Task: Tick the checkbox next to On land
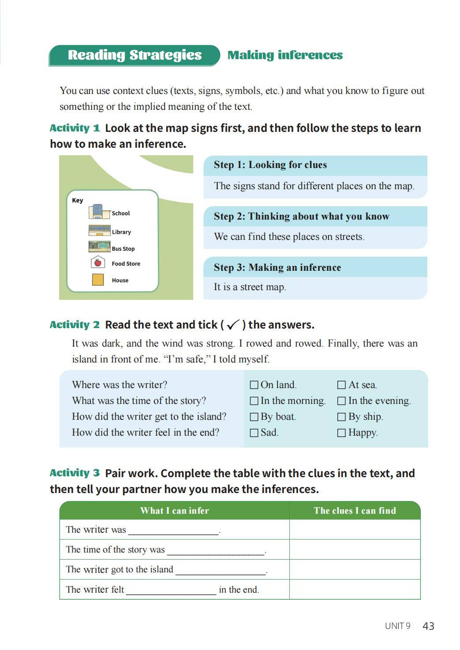[x=254, y=385]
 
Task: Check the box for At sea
[x=341, y=385]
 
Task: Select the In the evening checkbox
[x=341, y=401]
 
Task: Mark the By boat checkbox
[x=254, y=417]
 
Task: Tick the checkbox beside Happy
[x=341, y=433]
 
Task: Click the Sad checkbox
[x=254, y=433]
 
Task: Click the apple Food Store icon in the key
[x=97, y=263]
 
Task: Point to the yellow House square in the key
[x=97, y=280]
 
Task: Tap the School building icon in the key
[x=98, y=212]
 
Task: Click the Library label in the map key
[x=121, y=232]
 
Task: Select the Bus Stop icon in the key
[x=99, y=247]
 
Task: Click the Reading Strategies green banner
[x=135, y=55]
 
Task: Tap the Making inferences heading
[x=285, y=55]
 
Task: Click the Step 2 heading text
[x=302, y=217]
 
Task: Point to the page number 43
[x=428, y=626]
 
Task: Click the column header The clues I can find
[x=355, y=511]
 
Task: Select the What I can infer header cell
[x=174, y=511]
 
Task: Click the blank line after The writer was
[x=174, y=530]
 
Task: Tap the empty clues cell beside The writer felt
[x=355, y=590]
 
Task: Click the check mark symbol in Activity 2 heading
[x=233, y=325]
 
